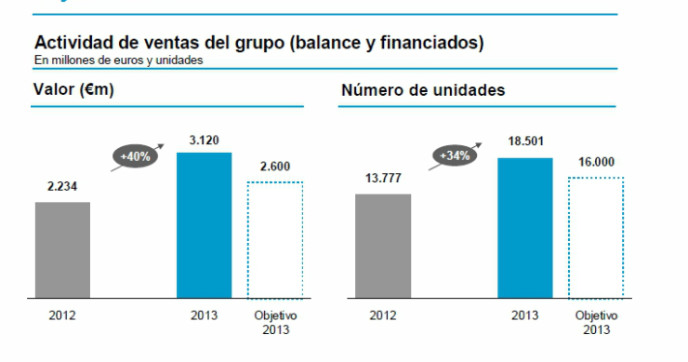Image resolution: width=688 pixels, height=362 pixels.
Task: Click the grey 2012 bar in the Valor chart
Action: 62,249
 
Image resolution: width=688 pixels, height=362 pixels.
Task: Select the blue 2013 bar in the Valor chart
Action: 204,225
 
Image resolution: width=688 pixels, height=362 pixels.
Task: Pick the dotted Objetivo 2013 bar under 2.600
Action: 275,240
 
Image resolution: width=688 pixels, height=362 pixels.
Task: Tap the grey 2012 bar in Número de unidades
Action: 383,246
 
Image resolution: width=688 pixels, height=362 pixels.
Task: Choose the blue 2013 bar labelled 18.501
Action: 524,228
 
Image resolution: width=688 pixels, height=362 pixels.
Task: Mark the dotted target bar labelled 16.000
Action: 595,237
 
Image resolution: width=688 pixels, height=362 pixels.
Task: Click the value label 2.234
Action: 63,186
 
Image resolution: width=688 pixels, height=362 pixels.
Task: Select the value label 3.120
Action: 204,139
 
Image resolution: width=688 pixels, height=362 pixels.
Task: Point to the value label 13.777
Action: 383,179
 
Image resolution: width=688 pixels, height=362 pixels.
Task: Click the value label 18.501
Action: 524,142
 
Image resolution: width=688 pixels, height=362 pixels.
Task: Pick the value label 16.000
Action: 595,161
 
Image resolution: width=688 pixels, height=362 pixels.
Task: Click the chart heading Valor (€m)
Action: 73,90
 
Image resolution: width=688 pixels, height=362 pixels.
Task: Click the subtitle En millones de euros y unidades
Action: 118,60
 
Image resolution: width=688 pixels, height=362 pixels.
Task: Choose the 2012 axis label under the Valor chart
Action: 62,315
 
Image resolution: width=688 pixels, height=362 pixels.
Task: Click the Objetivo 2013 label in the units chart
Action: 596,322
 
